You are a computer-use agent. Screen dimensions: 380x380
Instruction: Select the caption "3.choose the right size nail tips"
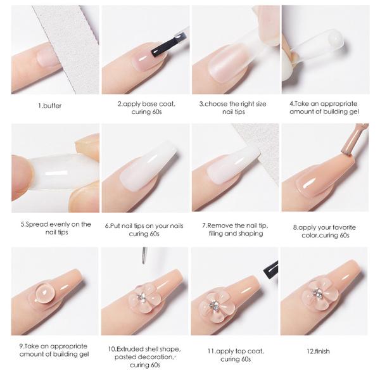point(234,107)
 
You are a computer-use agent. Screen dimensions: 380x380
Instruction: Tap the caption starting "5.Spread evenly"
point(55,228)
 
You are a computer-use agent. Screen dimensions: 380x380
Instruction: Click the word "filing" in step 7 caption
point(220,233)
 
